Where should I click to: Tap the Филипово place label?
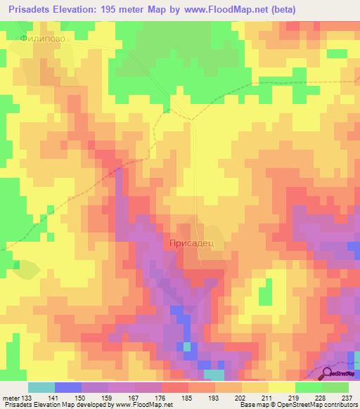coord(43,39)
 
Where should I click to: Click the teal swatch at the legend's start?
coord(41,387)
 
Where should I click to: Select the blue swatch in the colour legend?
coord(68,387)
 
